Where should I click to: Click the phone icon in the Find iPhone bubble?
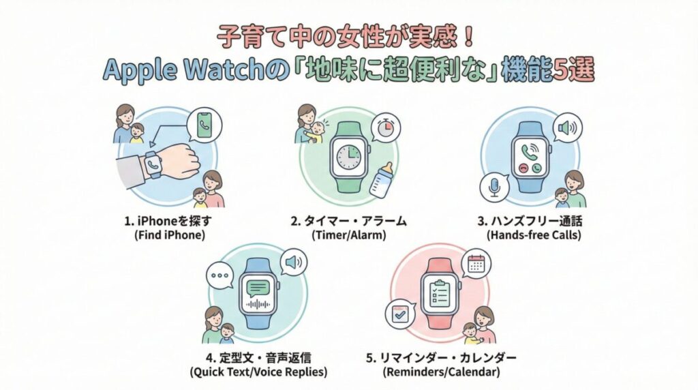click(205, 125)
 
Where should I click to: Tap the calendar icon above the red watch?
click(475, 263)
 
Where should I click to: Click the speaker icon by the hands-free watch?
click(566, 127)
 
